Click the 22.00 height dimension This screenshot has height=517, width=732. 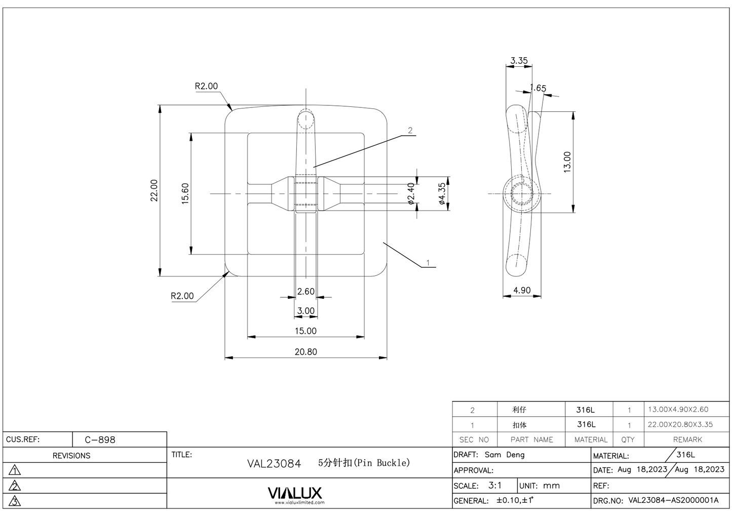click(x=154, y=190)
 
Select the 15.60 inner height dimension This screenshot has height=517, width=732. click(x=185, y=193)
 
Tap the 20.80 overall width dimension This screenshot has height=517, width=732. click(x=305, y=352)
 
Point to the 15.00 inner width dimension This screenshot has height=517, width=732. click(x=305, y=331)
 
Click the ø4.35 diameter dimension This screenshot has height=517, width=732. click(x=442, y=193)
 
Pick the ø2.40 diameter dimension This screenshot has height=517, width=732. click(x=411, y=193)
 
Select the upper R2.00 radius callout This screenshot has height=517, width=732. click(x=206, y=86)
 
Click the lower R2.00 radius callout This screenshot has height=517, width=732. click(x=182, y=296)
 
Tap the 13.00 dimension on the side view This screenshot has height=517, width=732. click(x=567, y=162)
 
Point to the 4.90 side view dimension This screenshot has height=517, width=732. click(x=522, y=291)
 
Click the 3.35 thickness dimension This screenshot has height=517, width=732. click(x=519, y=61)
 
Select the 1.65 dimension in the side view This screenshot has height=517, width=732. click(x=538, y=88)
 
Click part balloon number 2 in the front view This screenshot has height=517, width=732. click(x=410, y=131)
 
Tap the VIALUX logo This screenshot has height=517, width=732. click(x=294, y=493)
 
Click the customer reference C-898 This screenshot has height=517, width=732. click(x=100, y=440)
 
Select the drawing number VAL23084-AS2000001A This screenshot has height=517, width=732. click(x=673, y=500)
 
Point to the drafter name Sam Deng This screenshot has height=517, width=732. click(x=505, y=455)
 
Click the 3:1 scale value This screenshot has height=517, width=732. click(x=495, y=485)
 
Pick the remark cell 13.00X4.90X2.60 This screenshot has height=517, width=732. click(x=678, y=410)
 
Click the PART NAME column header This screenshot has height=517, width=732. click(x=531, y=440)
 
